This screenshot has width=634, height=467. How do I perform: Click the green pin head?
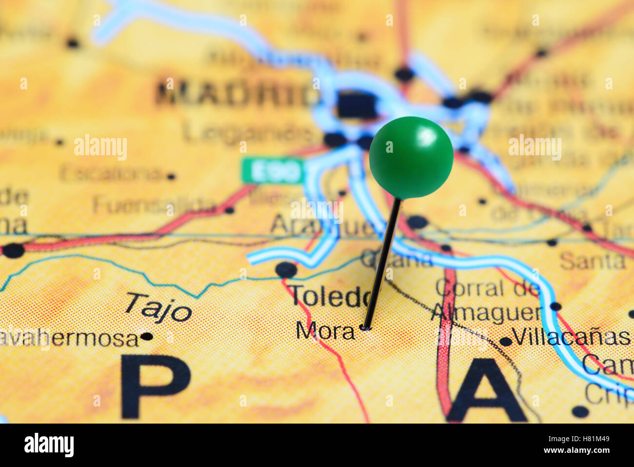pyautogui.click(x=411, y=157)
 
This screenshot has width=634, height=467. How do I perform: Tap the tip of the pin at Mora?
pyautogui.click(x=365, y=327)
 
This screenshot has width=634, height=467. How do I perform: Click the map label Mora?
pyautogui.click(x=325, y=331)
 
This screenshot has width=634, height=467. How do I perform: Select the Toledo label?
pyautogui.click(x=330, y=296)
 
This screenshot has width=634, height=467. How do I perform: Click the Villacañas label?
pyautogui.click(x=571, y=337)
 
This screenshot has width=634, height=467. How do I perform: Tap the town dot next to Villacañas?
pyautogui.click(x=505, y=342)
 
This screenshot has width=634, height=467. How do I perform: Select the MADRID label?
pyautogui.click(x=236, y=94)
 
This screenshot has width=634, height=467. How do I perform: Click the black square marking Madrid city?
pyautogui.click(x=357, y=105)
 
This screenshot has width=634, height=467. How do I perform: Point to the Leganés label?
pyautogui.click(x=249, y=132)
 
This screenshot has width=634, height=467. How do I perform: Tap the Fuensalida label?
pyautogui.click(x=154, y=205)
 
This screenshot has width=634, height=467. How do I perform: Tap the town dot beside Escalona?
pyautogui.click(x=170, y=176)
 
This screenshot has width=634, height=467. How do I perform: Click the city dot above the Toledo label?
pyautogui.click(x=285, y=269)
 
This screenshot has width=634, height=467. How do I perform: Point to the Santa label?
pyautogui.click(x=592, y=261)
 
